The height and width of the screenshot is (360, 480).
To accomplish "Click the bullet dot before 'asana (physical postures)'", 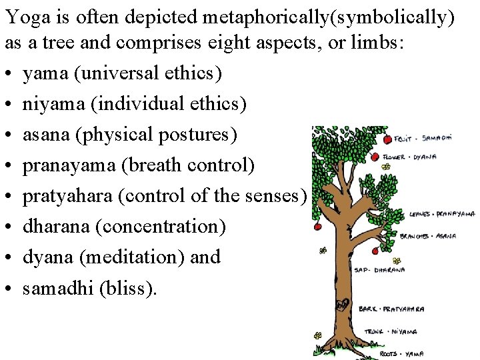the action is [9, 135].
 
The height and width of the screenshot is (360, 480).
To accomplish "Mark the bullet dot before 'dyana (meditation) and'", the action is [9, 258].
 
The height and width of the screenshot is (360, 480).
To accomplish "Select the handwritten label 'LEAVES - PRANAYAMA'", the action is [441, 215].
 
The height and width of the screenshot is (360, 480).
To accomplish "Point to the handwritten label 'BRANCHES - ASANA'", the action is [427, 235].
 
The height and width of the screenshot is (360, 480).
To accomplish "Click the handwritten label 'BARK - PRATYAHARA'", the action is [393, 309].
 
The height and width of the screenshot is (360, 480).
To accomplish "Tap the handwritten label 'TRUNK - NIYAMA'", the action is [391, 331].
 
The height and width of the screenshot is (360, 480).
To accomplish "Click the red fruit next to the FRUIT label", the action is [388, 140].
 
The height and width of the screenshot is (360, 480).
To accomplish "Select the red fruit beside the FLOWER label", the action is [375, 157].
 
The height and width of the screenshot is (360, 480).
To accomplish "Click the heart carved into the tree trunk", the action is [343, 305].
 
